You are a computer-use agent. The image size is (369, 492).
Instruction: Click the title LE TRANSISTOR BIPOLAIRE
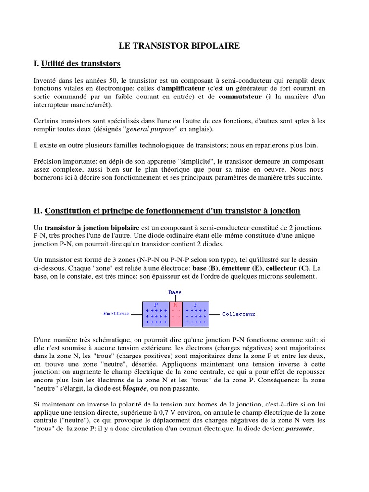pos(179,46)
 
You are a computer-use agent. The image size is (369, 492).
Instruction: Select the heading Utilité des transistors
pos(81,63)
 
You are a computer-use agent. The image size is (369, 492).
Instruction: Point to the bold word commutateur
pos(240,97)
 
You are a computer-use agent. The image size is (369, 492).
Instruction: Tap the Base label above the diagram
pos(175,292)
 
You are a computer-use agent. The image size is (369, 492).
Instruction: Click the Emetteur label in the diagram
pos(116,314)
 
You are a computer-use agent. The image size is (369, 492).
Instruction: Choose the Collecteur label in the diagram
pos(239,314)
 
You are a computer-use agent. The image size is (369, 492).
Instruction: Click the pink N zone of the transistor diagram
pos(176,314)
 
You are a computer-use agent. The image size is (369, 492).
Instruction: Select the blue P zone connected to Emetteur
pos(156,314)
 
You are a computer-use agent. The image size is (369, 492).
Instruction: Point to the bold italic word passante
pos(299,429)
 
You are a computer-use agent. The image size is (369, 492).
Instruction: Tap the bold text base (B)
pos(205,269)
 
